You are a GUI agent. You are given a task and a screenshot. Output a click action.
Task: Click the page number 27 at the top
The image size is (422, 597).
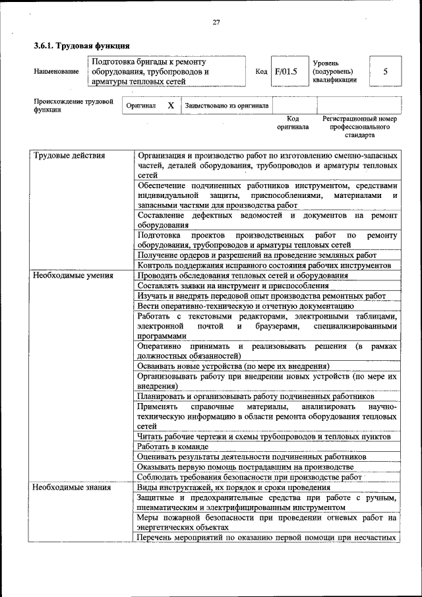[x=216, y=23]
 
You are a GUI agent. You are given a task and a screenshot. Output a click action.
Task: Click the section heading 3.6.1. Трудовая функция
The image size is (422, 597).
[x=81, y=46]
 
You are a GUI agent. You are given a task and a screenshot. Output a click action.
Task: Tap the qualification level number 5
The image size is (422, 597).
[x=385, y=71]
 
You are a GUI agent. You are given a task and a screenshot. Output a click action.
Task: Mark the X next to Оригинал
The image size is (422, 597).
[x=171, y=106]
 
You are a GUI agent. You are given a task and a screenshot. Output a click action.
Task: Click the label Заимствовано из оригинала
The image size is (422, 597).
[x=227, y=106]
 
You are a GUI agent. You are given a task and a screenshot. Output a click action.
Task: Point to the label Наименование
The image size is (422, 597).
[x=56, y=71]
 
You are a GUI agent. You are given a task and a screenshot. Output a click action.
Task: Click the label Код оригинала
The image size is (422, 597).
[x=293, y=123]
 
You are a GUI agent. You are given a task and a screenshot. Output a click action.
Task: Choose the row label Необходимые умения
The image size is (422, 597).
[x=73, y=276]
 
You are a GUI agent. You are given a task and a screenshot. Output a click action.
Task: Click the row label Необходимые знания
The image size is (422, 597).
[x=72, y=487]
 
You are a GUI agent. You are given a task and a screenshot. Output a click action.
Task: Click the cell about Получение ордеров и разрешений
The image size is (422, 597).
[x=257, y=255]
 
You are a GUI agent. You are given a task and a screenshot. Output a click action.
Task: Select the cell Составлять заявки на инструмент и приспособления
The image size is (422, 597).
[x=233, y=286]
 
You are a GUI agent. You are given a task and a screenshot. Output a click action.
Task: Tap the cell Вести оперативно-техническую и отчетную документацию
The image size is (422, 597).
[x=245, y=306]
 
